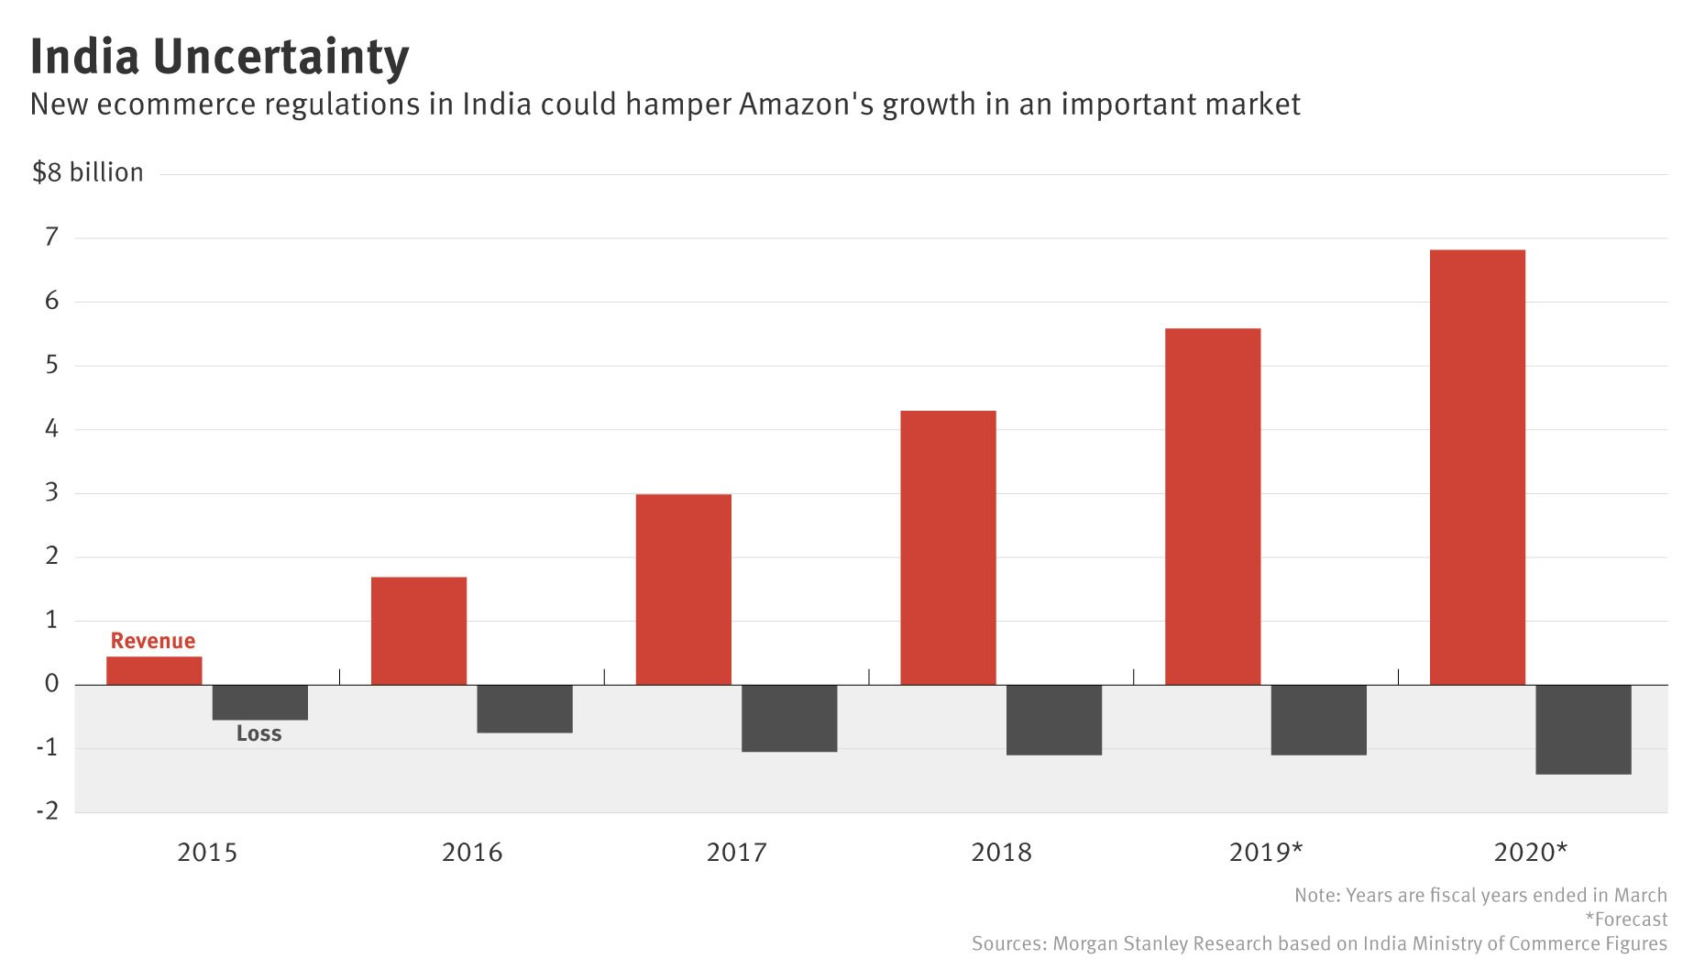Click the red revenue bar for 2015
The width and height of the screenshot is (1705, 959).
tap(154, 670)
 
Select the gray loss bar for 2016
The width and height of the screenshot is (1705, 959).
tap(524, 709)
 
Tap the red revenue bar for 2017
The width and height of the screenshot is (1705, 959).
tap(683, 589)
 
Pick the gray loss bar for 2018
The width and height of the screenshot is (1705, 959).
tap(1053, 720)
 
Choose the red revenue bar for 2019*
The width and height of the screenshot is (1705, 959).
tap(1212, 506)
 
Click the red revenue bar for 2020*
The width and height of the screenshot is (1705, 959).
tap(1477, 467)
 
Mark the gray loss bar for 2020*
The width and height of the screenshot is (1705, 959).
tap(1583, 730)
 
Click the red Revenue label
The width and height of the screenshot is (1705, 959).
tap(153, 641)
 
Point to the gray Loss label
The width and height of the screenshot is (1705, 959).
tap(258, 733)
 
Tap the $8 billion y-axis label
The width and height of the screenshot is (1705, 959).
tap(88, 172)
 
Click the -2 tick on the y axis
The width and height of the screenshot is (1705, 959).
tap(48, 810)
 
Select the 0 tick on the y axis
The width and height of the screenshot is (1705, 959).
tap(51, 683)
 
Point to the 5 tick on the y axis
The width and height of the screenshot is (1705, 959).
tap(51, 365)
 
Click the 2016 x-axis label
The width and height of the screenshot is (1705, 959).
tap(472, 853)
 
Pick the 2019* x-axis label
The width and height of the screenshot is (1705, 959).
tap(1265, 853)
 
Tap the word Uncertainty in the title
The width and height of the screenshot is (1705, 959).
tap(280, 57)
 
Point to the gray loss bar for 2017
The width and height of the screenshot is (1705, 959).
tap(789, 718)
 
